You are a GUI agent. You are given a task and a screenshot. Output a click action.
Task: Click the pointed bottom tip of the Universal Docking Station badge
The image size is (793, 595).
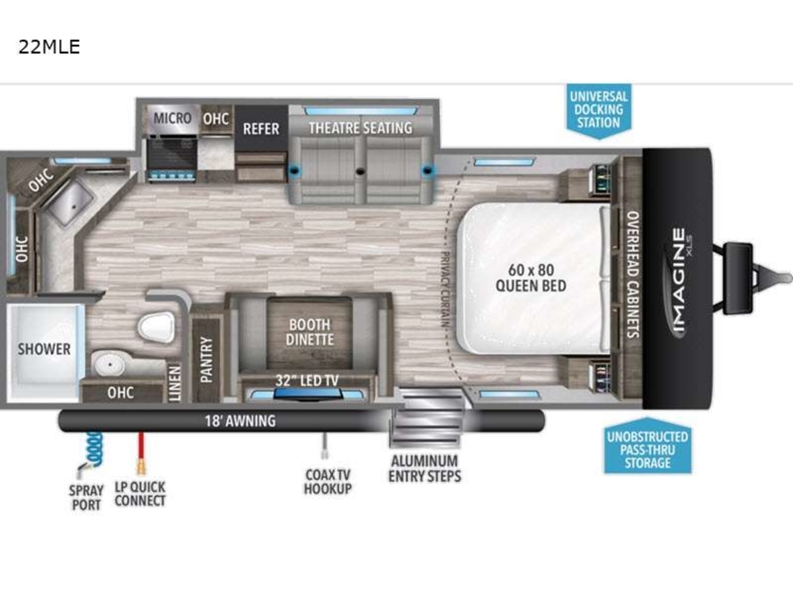coord(599,139)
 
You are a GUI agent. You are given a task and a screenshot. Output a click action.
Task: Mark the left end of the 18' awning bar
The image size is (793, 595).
coord(59,420)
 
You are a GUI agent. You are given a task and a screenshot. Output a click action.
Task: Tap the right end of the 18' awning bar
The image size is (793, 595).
coord(545,420)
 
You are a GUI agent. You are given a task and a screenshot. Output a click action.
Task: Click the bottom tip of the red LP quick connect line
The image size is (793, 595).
coord(141,474)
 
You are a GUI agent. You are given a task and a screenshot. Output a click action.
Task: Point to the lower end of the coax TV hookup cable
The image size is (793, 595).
coord(324,459)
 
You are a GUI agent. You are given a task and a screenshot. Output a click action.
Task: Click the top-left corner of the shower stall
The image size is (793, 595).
coord(7,305)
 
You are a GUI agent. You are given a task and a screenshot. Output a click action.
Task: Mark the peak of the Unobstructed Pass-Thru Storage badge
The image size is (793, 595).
coord(648,418)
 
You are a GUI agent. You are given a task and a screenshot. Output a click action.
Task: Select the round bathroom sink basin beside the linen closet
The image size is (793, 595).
coord(110,364)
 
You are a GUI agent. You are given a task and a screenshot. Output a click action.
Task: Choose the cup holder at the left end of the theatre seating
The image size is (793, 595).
coord(295,169)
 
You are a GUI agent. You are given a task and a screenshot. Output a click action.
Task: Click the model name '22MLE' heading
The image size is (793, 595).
coord(49,47)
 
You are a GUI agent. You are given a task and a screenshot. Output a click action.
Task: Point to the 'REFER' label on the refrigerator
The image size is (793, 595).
coord(261,129)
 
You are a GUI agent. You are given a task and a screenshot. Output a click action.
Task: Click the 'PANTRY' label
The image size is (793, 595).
coord(206,360)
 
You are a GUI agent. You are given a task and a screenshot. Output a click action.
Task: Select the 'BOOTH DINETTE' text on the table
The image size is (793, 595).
coord(310,333)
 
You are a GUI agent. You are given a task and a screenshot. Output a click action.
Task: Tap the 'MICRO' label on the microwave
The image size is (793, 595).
coord(172,118)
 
